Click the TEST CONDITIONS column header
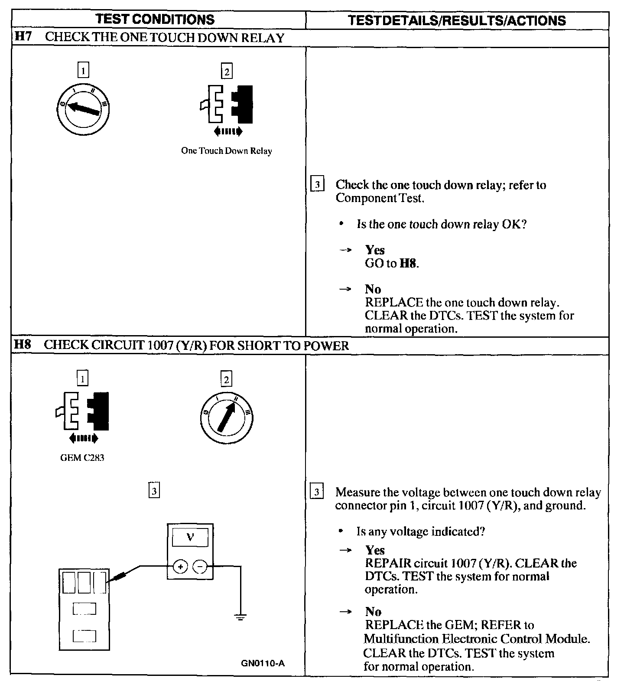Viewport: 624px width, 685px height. click(155, 20)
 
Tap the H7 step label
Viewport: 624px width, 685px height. click(23, 37)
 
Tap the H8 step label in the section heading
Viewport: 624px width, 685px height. click(23, 345)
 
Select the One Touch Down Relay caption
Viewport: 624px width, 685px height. click(226, 151)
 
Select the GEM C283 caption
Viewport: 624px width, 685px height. click(82, 458)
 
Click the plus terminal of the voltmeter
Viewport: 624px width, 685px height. click(180, 566)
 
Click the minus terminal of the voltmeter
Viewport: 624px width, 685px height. click(200, 566)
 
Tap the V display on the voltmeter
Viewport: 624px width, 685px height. click(190, 538)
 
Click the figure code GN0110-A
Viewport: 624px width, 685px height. click(263, 664)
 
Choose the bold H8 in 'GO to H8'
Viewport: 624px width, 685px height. click(409, 263)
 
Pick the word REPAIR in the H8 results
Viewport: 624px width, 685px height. click(388, 563)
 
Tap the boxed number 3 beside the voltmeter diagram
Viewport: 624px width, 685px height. click(154, 491)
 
